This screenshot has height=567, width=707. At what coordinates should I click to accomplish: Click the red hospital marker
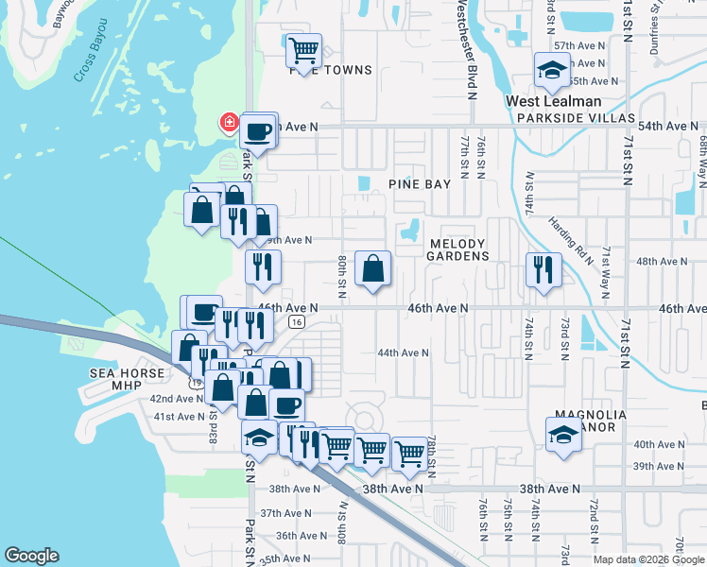coord(229,123)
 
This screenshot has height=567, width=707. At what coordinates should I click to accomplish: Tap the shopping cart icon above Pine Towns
coord(303,49)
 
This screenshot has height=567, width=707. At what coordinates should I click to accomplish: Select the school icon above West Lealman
coord(551,69)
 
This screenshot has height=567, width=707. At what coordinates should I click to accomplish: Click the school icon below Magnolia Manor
coord(563,434)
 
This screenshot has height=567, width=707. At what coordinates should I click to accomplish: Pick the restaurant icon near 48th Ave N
coord(543,269)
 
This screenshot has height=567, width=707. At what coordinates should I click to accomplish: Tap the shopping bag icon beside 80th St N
coord(373,267)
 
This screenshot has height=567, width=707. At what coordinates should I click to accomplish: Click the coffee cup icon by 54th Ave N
coord(258,131)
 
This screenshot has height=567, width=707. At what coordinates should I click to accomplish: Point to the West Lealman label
coord(553,101)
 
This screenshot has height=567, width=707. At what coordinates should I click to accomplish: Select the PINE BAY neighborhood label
coord(420,184)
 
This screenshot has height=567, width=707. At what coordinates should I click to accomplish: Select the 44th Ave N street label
coord(403,352)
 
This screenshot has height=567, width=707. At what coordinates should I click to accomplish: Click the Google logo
coord(31,557)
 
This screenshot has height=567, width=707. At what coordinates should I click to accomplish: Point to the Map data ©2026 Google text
coord(648,559)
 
